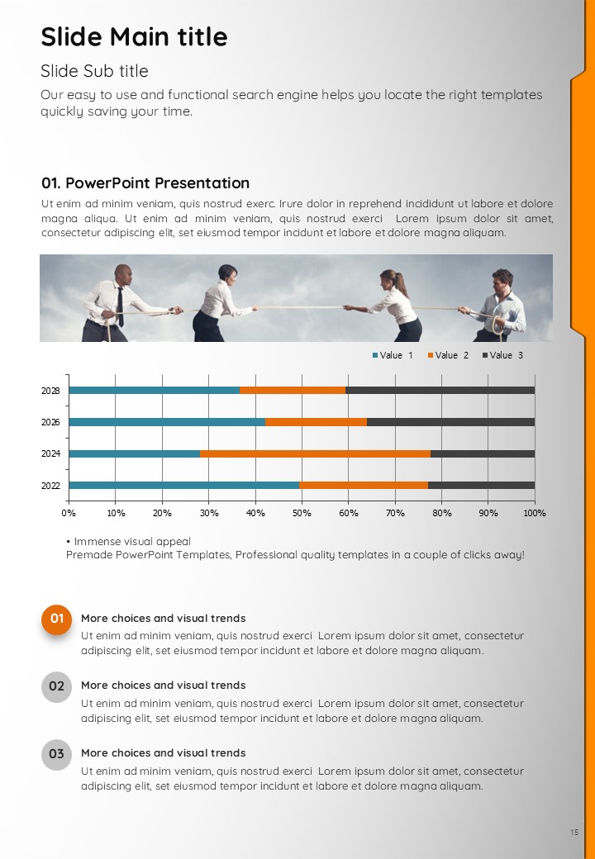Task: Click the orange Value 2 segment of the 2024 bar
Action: coord(315,453)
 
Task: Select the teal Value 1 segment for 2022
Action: coord(184,486)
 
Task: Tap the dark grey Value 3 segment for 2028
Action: coord(440,391)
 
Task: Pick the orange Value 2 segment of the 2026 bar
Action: coord(317,422)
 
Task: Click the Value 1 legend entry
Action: coord(393,355)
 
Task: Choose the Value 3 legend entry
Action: coord(503,355)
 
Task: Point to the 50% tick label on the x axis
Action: coord(302,513)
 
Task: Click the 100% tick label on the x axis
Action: coord(535,513)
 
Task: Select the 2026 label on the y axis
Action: coord(50,422)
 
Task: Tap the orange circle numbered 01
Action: coord(56,619)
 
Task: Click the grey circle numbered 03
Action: coord(56,754)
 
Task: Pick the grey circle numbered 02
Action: coord(56,687)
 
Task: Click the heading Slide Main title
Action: coord(134,36)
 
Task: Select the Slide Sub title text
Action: coord(94,71)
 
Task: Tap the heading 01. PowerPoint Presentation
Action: coord(145,183)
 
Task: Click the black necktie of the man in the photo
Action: coord(120,306)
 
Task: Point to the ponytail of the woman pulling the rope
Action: coord(403,285)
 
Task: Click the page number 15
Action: coord(574,833)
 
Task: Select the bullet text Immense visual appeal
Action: coord(132,542)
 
